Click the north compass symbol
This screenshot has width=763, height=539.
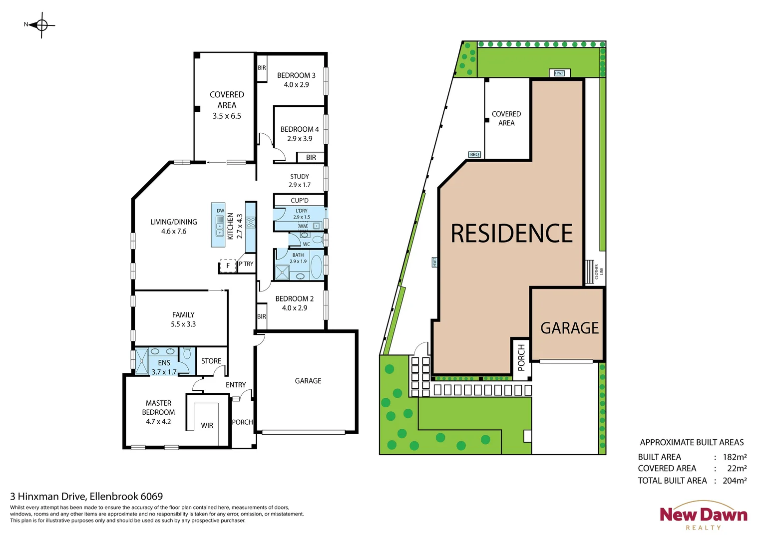pos(41,24)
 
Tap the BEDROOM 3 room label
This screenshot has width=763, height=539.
pos(296,75)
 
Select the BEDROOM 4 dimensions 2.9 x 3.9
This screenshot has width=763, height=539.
pos(300,139)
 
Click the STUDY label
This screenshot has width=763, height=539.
pos(299,177)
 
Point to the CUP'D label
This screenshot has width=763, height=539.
pos(300,201)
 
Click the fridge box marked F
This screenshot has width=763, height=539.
pos(228,266)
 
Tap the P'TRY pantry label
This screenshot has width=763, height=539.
pos(246,264)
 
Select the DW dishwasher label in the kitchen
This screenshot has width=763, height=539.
pos(220,211)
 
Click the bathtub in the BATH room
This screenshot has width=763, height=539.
pos(316,267)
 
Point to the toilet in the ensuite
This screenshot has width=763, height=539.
pos(187,354)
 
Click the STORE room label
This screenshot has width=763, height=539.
pos(211,361)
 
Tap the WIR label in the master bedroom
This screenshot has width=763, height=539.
pos(207,426)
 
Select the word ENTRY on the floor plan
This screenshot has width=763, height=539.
pos(236,385)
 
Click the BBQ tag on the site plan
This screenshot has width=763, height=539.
pos(474,155)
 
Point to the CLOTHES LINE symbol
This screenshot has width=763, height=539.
pos(590,271)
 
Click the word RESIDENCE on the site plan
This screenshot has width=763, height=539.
pos(511,234)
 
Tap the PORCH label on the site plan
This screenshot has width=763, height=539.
pos(521,357)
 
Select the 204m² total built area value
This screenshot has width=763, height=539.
pos(735,481)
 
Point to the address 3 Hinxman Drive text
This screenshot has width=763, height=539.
pos(86,497)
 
